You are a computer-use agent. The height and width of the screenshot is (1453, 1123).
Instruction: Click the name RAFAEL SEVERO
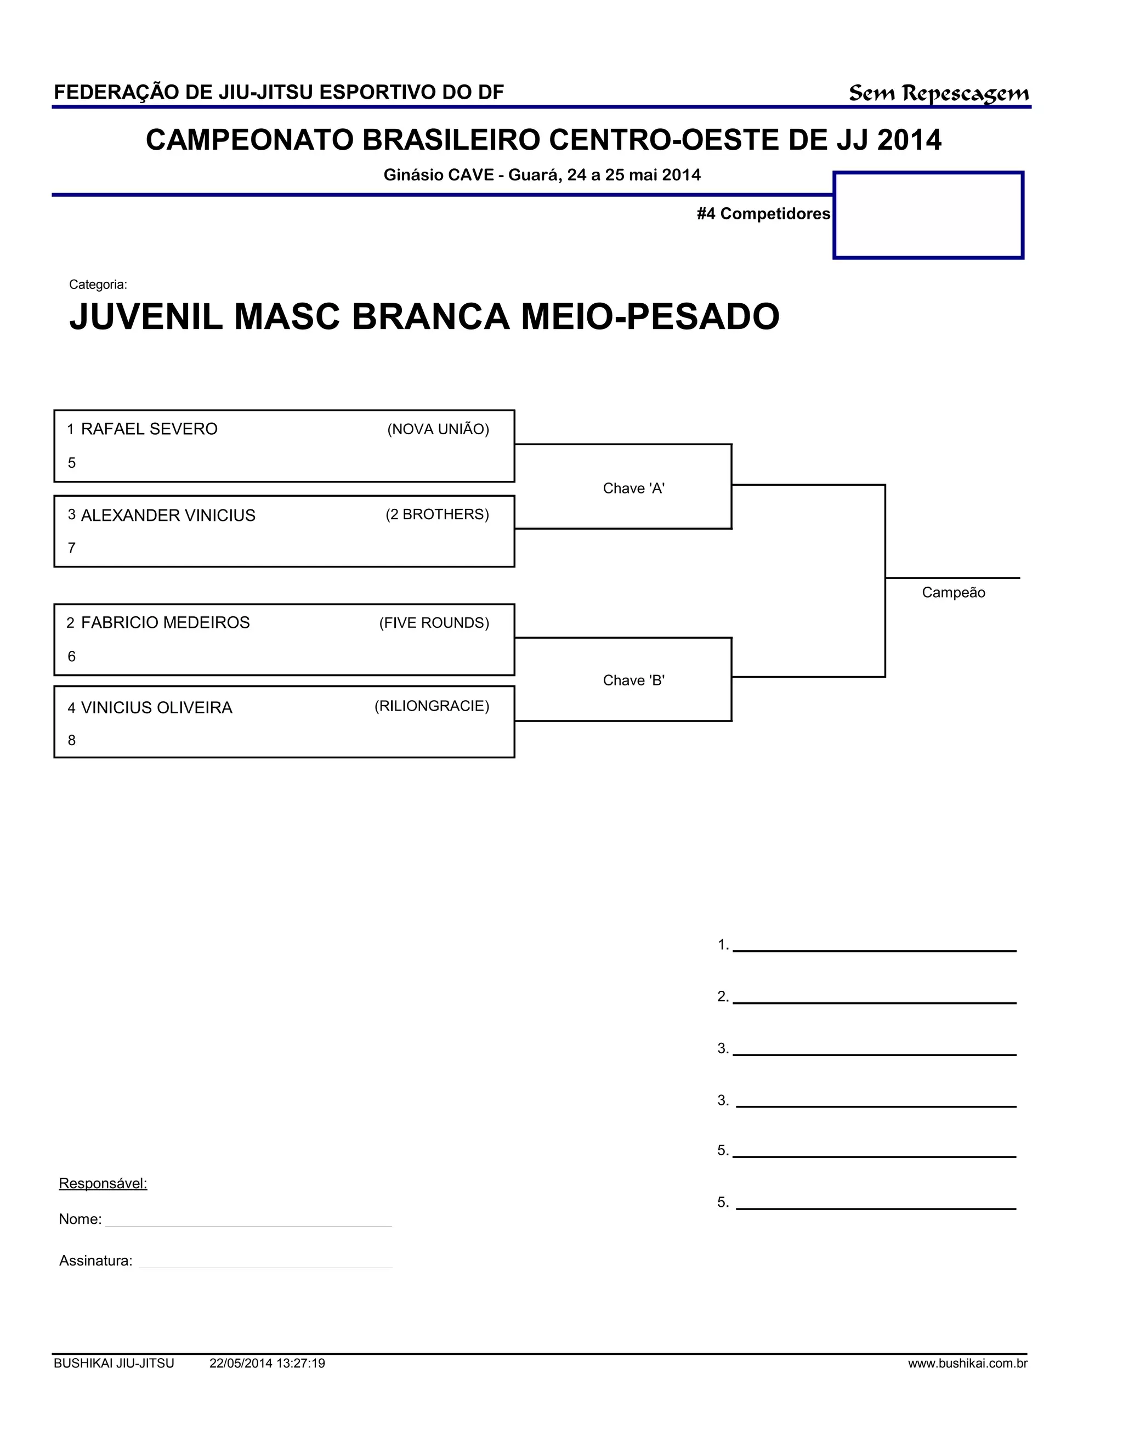pyautogui.click(x=149, y=429)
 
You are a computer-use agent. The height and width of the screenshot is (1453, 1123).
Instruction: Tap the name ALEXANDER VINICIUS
pyautogui.click(x=168, y=515)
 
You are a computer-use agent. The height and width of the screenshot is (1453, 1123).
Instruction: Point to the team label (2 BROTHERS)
pyautogui.click(x=437, y=514)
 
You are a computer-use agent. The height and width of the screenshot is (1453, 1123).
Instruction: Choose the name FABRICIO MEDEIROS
pyautogui.click(x=165, y=623)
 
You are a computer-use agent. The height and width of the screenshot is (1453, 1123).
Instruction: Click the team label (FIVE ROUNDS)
pyautogui.click(x=434, y=623)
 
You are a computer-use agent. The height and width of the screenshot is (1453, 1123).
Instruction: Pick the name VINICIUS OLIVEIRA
pyautogui.click(x=156, y=708)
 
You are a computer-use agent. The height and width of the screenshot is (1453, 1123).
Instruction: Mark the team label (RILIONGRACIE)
pyautogui.click(x=432, y=706)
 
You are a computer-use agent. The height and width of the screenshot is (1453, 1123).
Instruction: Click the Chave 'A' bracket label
pyautogui.click(x=633, y=489)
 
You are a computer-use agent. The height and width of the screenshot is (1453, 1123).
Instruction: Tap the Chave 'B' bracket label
pyautogui.click(x=633, y=680)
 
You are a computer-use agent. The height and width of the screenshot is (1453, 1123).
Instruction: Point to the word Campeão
pyautogui.click(x=952, y=593)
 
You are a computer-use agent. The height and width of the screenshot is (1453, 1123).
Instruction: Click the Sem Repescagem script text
pyautogui.click(x=938, y=94)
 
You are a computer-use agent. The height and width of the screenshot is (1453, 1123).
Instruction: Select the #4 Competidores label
pyautogui.click(x=763, y=213)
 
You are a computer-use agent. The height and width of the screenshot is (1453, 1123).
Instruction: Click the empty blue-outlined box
pyautogui.click(x=928, y=215)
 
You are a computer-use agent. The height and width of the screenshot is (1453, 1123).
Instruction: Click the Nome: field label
pyautogui.click(x=80, y=1219)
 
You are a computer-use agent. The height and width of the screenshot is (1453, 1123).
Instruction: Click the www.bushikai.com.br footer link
pyautogui.click(x=967, y=1364)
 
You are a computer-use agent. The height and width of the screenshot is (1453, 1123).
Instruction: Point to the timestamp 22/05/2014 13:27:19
pyautogui.click(x=267, y=1364)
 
